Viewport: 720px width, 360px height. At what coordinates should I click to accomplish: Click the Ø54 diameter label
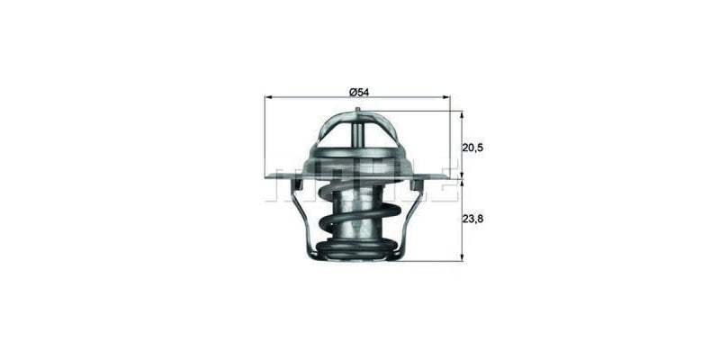tap(357, 91)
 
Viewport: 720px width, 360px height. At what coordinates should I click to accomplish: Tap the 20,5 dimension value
tap(473, 146)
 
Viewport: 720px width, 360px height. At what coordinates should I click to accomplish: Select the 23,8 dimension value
tap(473, 219)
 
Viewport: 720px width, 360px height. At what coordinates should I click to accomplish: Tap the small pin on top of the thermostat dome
tap(357, 112)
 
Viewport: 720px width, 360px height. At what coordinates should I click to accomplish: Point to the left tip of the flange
tap(267, 176)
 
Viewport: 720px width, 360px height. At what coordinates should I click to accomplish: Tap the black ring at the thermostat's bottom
tap(357, 251)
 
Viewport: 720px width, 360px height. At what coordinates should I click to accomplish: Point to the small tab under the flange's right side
tap(418, 184)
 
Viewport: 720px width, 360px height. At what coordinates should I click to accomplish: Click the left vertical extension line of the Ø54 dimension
tap(265, 135)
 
